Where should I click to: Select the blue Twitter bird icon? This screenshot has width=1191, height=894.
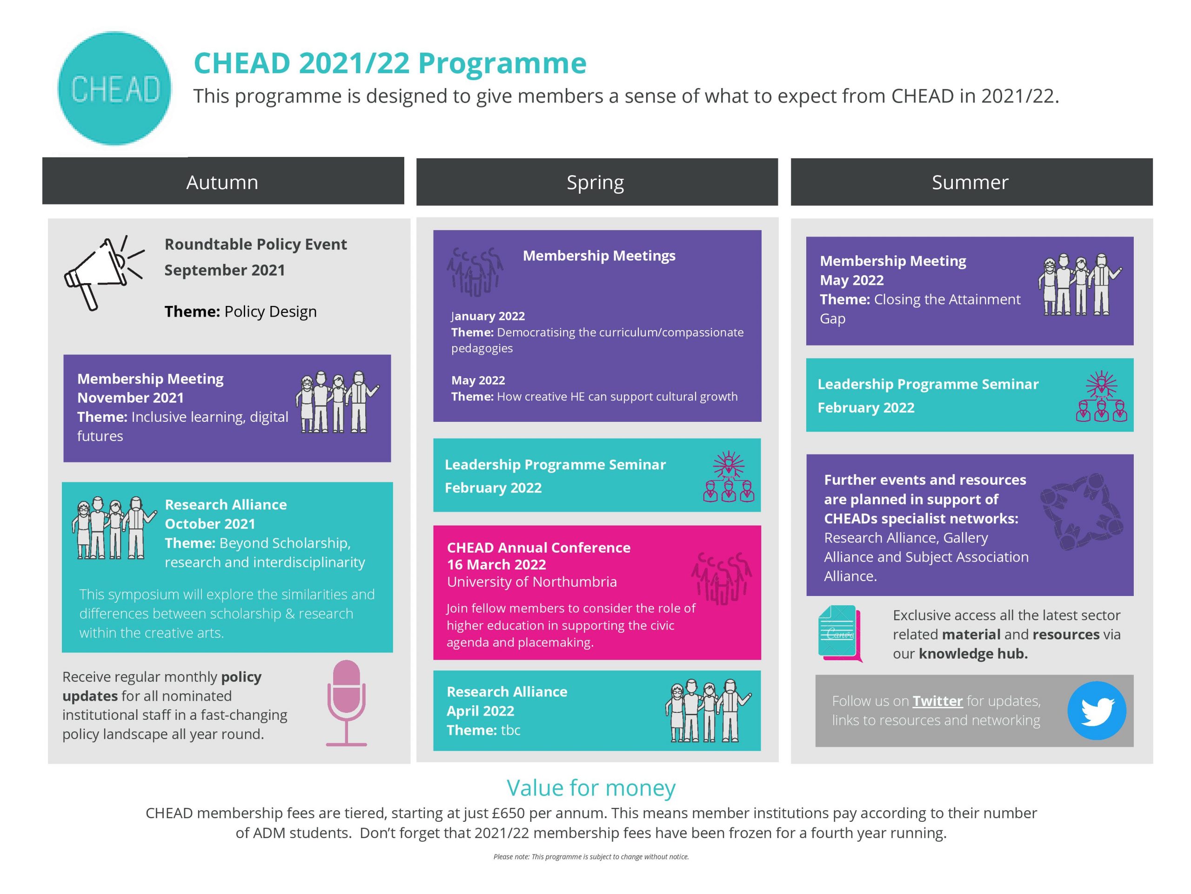[x=1097, y=710]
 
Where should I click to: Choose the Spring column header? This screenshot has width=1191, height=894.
[x=596, y=182]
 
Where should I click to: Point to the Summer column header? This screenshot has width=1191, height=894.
[x=971, y=182]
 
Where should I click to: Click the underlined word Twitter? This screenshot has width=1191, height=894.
[x=937, y=701]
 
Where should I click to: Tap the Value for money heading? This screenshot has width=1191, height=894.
[x=591, y=788]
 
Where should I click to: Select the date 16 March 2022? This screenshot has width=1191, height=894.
[x=496, y=565]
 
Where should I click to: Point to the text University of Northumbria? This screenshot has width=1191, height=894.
[x=532, y=582]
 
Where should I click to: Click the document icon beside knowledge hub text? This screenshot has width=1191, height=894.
[x=839, y=633]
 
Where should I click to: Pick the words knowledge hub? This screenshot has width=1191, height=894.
[x=973, y=654]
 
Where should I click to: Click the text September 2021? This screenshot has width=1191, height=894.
[x=225, y=270]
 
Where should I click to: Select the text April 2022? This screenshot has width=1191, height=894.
[x=480, y=711]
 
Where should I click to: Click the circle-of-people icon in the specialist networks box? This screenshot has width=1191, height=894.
[x=1081, y=511]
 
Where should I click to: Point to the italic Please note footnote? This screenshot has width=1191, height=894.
[x=591, y=857]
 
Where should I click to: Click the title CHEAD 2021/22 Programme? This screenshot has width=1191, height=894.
[x=390, y=63]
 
